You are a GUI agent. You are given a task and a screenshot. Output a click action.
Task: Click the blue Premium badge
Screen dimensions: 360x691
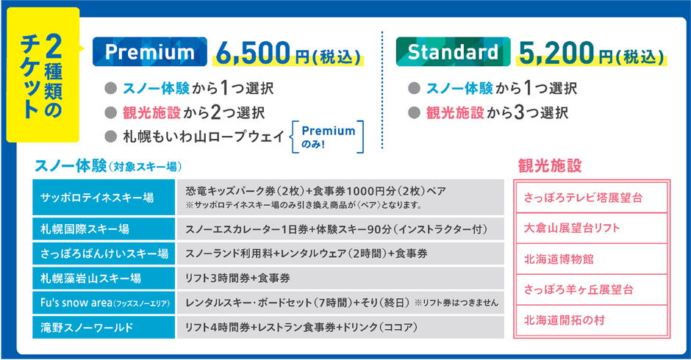coord(150,52)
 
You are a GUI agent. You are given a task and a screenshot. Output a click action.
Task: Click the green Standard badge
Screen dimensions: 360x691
coord(452,52)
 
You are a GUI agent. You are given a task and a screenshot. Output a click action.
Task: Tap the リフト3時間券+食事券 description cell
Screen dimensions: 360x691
coord(340,278)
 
